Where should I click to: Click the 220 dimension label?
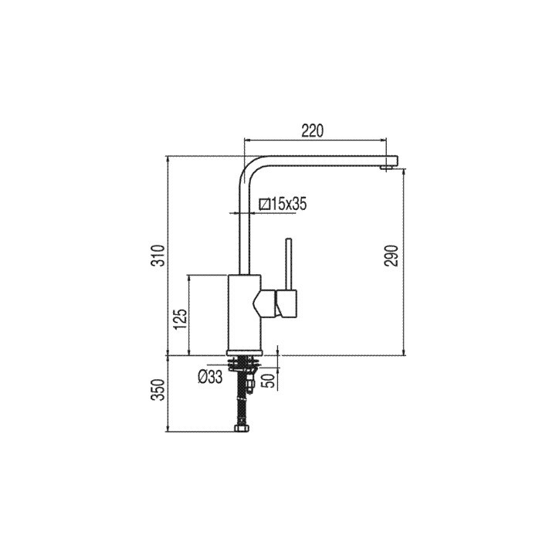tap(313, 131)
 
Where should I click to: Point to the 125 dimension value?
tap(181, 319)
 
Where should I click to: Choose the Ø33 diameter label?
tap(210, 377)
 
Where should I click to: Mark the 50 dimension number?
tap(270, 380)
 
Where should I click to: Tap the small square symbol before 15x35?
tap(265, 204)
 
